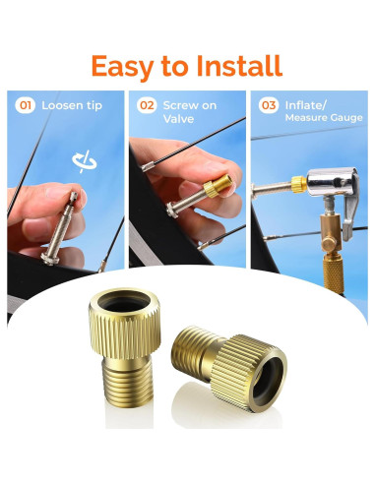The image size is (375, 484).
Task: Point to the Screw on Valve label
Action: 191,112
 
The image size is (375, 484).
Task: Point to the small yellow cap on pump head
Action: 297,182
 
